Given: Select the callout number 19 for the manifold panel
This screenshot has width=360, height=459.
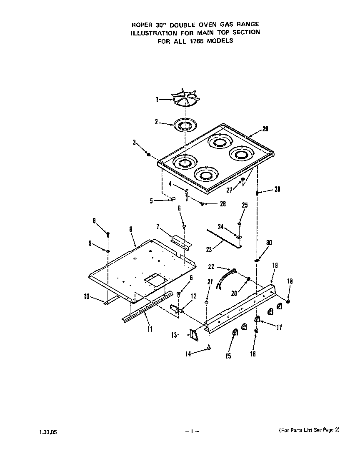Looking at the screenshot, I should point(275,265).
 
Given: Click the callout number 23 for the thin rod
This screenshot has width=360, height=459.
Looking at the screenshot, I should point(209,250).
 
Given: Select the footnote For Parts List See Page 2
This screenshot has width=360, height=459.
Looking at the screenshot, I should point(309,430).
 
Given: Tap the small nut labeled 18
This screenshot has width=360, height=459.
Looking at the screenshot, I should point(288,301).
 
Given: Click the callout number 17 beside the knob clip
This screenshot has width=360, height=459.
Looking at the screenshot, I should point(279,328).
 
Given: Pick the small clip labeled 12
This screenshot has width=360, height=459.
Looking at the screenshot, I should point(175,309).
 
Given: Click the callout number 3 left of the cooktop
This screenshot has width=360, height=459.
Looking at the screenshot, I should point(135,143).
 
